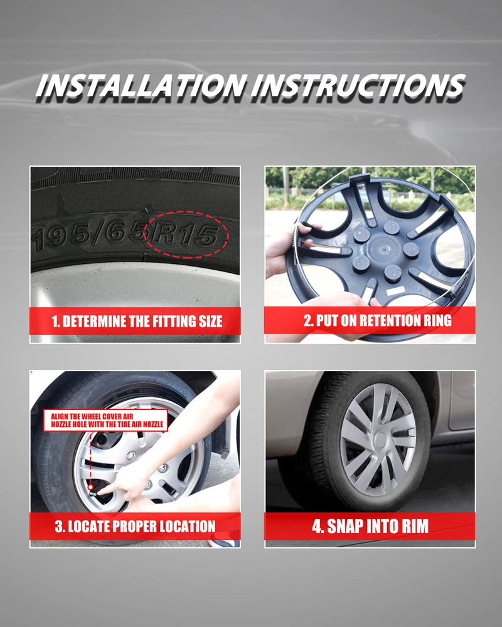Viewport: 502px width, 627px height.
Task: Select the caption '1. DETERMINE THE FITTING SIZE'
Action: tap(137, 322)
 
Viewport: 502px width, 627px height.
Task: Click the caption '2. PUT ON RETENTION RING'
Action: tap(378, 320)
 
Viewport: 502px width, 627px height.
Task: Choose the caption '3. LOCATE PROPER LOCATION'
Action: tap(136, 526)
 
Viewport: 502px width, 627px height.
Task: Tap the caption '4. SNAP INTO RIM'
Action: tap(370, 526)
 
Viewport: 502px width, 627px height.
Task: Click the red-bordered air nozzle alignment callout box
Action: tap(105, 420)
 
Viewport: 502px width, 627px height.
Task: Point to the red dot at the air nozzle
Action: tap(90, 487)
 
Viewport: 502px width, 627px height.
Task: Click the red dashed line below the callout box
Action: tap(90, 458)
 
